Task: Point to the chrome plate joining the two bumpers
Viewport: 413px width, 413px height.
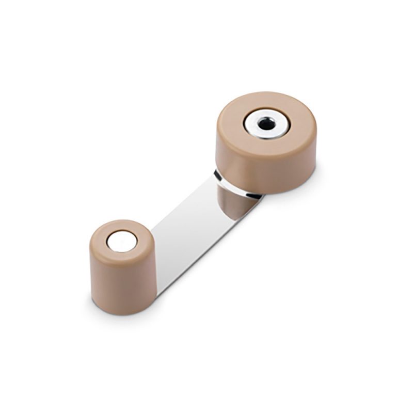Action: point(191,232)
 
